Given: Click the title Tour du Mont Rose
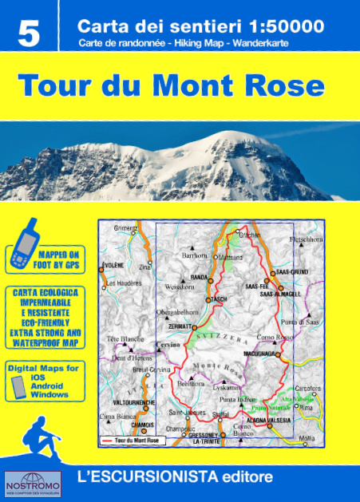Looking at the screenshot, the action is [x=171, y=85].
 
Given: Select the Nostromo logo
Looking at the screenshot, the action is [x=27, y=484].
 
